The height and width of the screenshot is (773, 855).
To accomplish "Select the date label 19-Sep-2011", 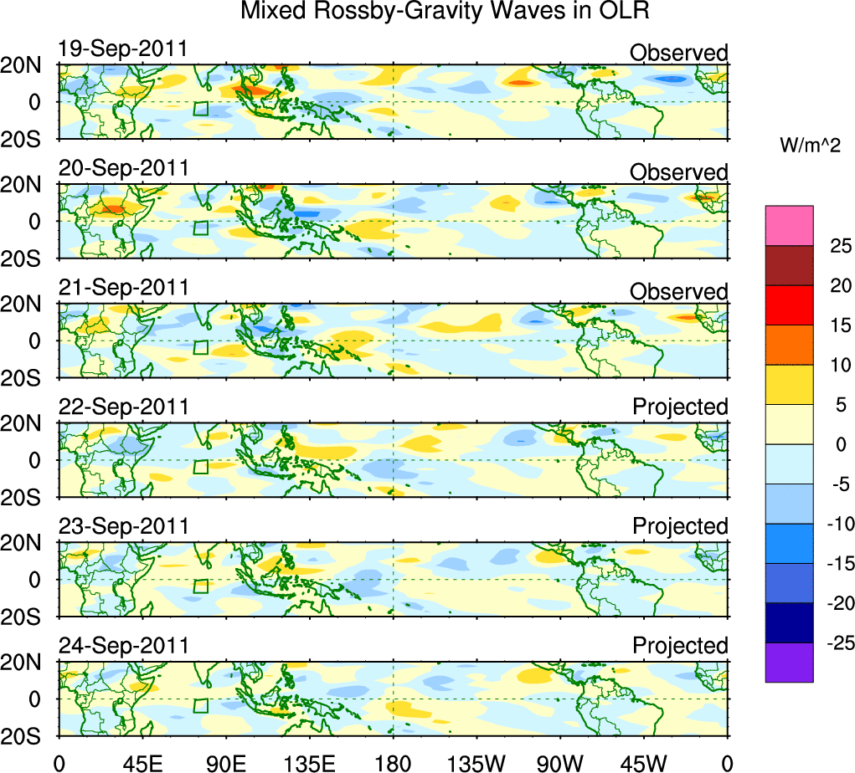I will pyautogui.click(x=123, y=49).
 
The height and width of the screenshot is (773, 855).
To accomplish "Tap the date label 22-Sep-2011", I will pyautogui.click(x=123, y=407).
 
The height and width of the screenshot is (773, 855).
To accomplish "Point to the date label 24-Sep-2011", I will pyautogui.click(x=123, y=647).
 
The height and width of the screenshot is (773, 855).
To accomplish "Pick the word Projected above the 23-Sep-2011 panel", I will pyautogui.click(x=680, y=526).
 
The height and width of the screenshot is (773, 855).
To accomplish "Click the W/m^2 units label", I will pyautogui.click(x=810, y=146).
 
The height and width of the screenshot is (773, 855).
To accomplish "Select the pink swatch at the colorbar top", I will pyautogui.click(x=789, y=225).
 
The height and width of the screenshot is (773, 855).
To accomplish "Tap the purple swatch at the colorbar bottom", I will pyautogui.click(x=789, y=662).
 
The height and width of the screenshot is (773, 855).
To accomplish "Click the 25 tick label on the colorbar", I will pyautogui.click(x=840, y=246).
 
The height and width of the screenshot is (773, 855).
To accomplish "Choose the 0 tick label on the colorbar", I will pyautogui.click(x=840, y=444).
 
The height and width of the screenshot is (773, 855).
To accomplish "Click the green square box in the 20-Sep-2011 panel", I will pyautogui.click(x=200, y=228).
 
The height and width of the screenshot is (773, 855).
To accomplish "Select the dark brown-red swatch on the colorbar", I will pyautogui.click(x=789, y=265).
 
